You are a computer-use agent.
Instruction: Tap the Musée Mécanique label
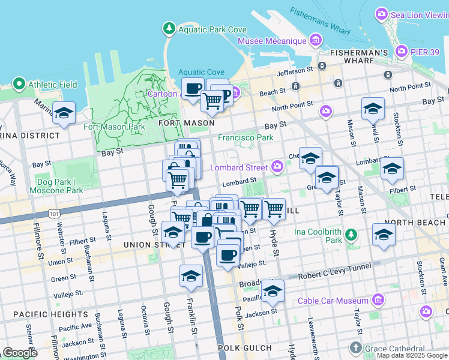[272, 41]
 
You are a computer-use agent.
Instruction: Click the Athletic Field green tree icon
[19, 85]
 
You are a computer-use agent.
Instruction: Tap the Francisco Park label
[246, 137]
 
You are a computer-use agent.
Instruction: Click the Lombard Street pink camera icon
[277, 166]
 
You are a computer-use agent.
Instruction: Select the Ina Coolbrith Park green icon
[352, 232]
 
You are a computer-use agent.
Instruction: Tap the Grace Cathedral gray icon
[355, 348]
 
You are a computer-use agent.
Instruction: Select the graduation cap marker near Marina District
[64, 112]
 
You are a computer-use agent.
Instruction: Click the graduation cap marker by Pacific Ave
[273, 291]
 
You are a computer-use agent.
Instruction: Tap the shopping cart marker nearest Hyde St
[274, 209]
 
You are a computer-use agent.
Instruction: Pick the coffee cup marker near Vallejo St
[228, 255]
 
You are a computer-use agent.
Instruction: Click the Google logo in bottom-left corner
[20, 353]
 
